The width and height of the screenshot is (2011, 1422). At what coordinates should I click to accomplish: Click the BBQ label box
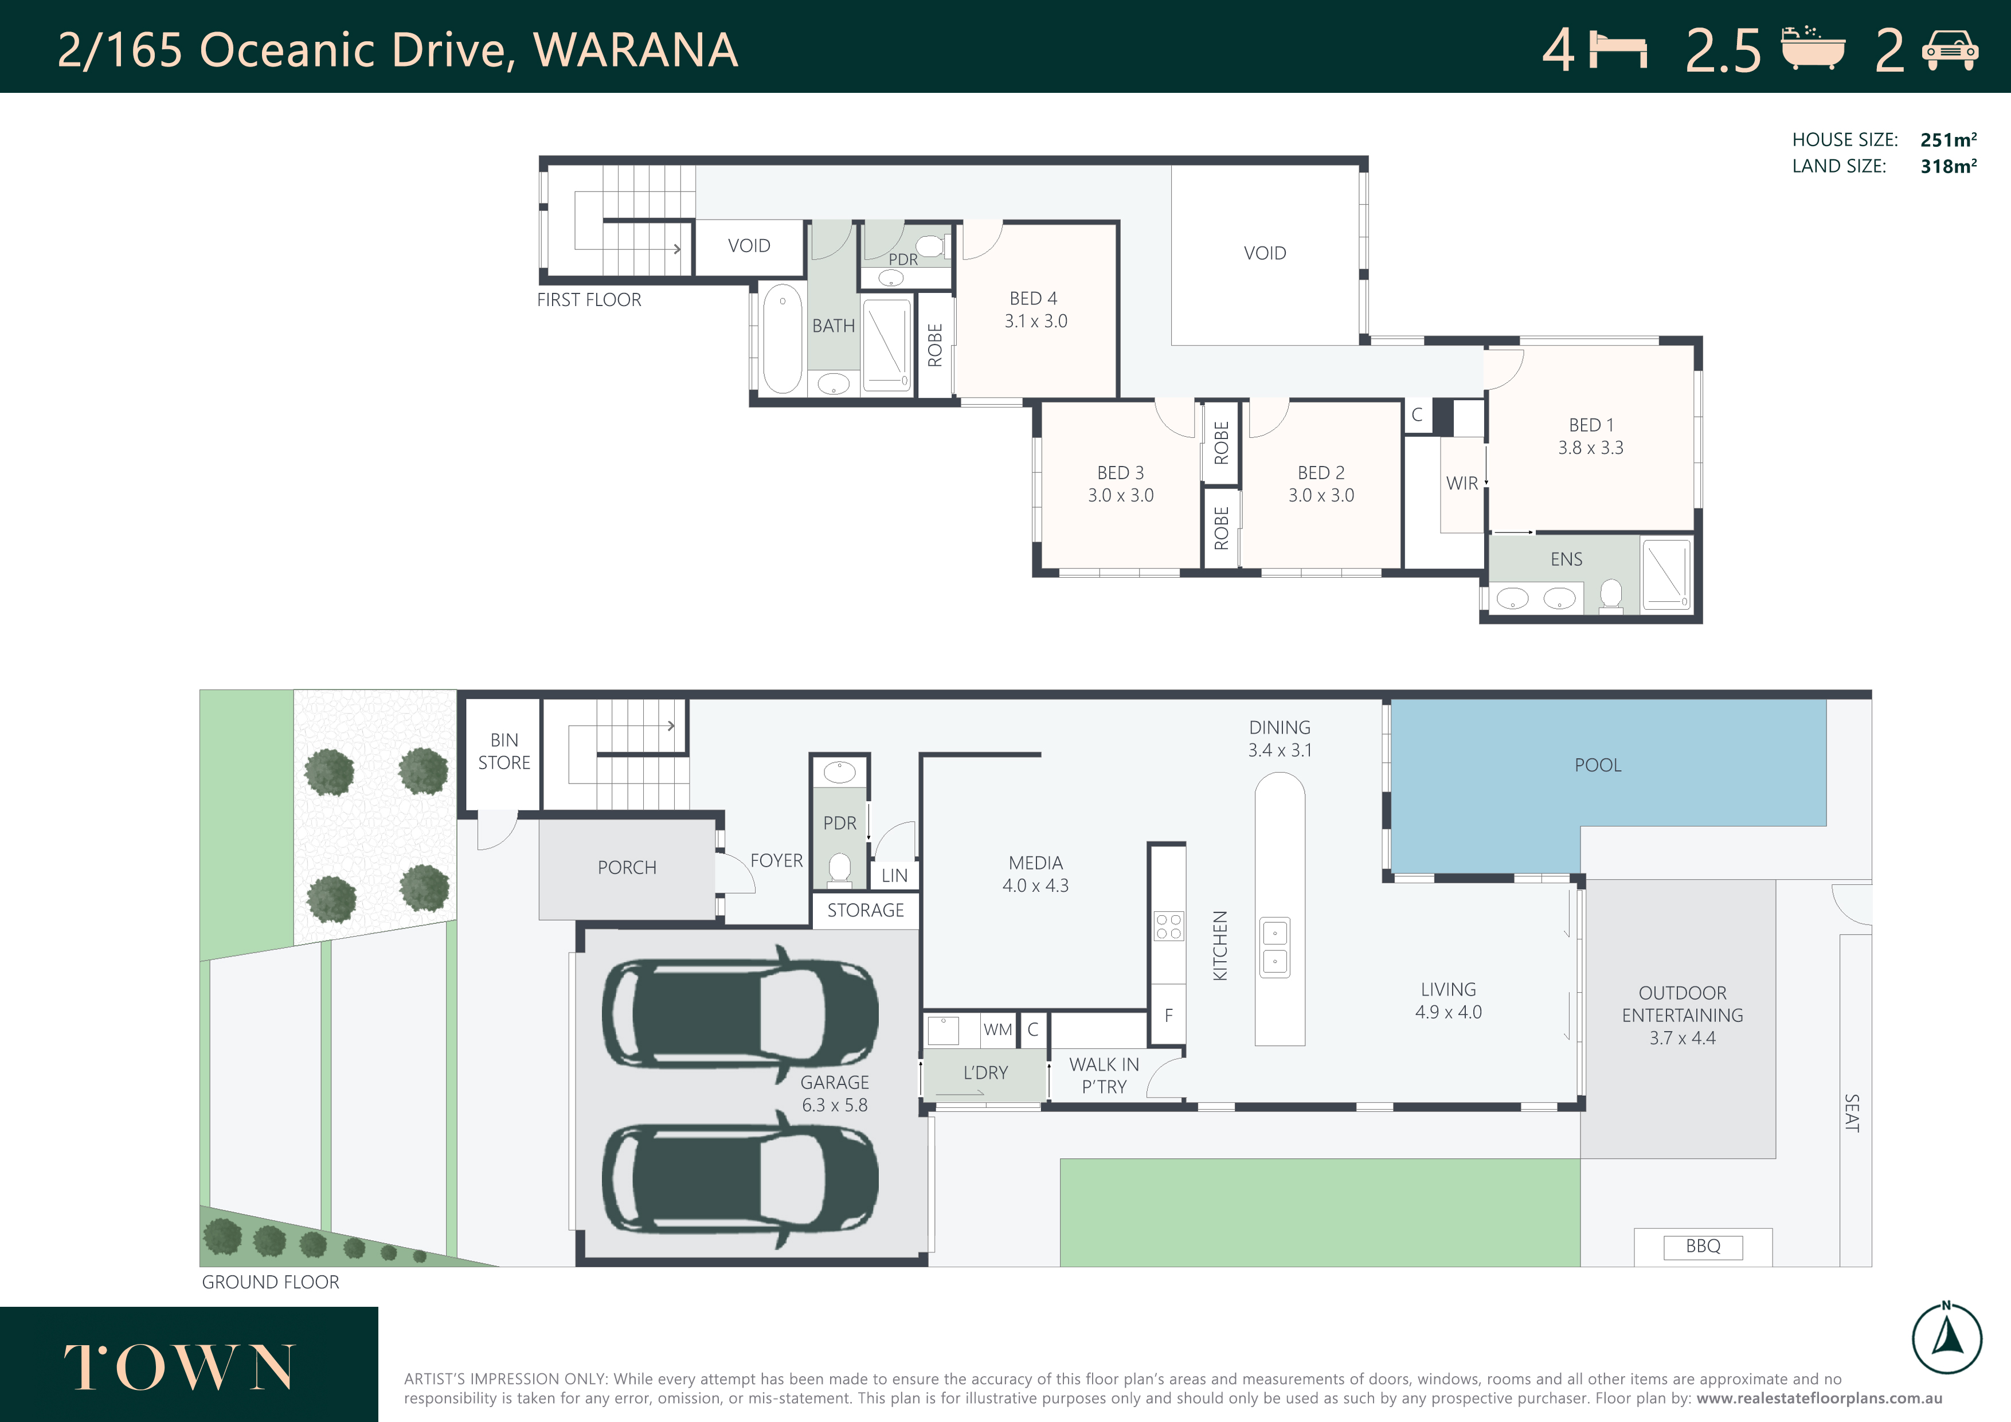point(1702,1246)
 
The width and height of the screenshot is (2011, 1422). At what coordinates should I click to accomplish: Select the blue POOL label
point(1598,765)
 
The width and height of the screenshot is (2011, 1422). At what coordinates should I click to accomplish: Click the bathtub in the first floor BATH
point(782,338)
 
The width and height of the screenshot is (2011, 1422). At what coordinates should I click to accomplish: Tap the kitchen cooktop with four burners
point(1168,926)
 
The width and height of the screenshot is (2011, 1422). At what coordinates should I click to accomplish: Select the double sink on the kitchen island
point(1276,947)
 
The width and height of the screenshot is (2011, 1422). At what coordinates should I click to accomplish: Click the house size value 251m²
point(1948,140)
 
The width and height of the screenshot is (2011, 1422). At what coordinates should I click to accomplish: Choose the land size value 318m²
point(1948,166)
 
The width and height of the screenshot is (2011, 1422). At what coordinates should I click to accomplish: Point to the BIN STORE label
point(504,751)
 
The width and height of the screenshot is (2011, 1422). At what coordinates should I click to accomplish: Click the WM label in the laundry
point(997,1030)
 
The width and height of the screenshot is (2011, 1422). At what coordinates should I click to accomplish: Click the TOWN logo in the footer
point(179,1367)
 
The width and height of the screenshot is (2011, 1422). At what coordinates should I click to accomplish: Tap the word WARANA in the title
point(636,50)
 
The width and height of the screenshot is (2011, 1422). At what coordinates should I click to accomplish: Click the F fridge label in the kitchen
point(1168,1016)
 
